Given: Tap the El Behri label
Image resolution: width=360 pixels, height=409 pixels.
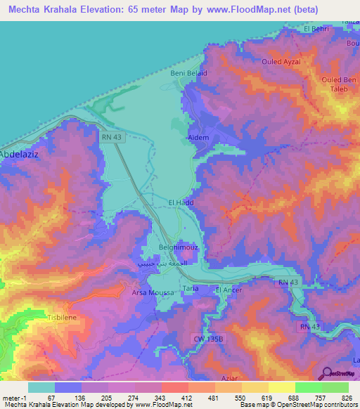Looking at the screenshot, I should click(316, 29).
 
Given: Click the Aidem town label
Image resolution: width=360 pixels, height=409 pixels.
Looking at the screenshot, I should click(198, 138).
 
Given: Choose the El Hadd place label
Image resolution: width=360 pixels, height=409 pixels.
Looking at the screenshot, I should click(180, 202).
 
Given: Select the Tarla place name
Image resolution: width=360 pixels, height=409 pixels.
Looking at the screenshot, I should click(191, 289).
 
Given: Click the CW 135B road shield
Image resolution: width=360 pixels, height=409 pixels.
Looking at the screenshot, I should click(208, 338).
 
